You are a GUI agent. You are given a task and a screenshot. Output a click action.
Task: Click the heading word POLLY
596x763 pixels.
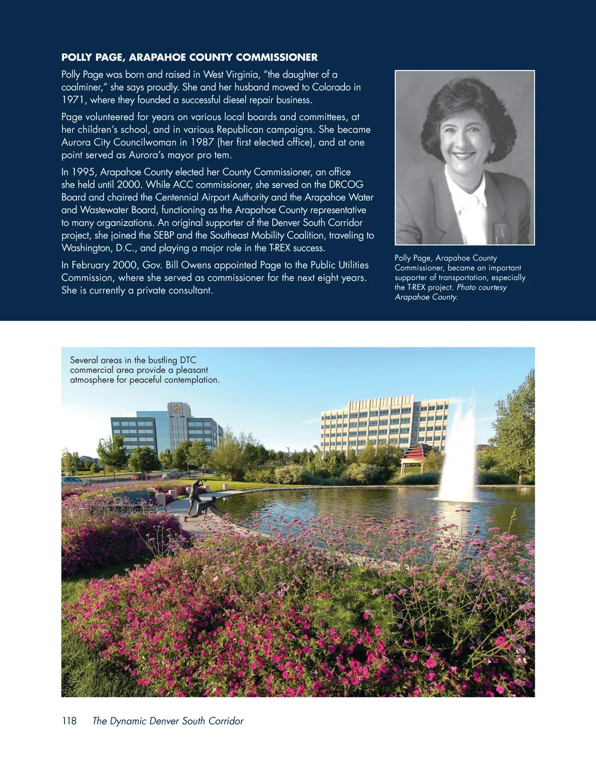(77, 58)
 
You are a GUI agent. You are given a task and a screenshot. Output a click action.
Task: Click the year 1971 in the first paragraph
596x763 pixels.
(73, 100)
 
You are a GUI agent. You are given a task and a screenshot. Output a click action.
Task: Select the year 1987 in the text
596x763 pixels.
(201, 142)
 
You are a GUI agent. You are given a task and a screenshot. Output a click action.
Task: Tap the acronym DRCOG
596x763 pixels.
(346, 185)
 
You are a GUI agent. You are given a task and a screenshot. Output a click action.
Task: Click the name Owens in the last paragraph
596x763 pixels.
(196, 265)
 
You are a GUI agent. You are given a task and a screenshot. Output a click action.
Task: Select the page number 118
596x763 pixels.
(69, 721)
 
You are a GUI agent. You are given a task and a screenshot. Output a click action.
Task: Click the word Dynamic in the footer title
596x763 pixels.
(128, 721)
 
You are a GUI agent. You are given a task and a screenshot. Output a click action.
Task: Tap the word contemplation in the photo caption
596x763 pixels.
(191, 380)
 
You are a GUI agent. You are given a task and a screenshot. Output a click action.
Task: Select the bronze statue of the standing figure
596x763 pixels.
(194, 498)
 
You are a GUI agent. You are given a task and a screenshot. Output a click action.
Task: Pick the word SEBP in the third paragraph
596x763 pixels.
(164, 235)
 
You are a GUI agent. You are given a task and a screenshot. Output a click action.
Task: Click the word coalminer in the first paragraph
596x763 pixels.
(82, 87)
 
